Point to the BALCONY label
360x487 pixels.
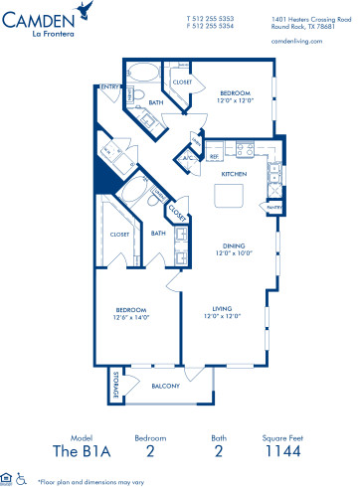pyautogui.click(x=163, y=385)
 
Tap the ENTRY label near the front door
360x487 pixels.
pyautogui.click(x=106, y=87)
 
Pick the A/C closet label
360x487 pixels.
pyautogui.click(x=186, y=157)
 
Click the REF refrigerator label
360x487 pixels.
pyautogui.click(x=212, y=156)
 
